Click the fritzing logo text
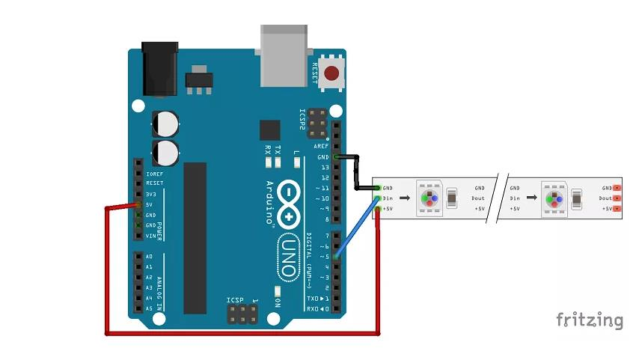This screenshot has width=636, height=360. click(589, 320)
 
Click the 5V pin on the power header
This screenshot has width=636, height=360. click(138, 204)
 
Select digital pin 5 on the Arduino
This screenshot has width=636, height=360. click(336, 257)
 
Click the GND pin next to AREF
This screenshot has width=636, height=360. click(336, 157)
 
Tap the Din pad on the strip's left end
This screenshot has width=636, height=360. click(379, 198)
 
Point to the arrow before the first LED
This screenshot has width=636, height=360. click(404, 198)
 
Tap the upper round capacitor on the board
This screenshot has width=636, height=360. click(165, 123)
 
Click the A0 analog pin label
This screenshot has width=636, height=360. click(150, 257)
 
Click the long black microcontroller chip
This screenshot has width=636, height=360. click(195, 237)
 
